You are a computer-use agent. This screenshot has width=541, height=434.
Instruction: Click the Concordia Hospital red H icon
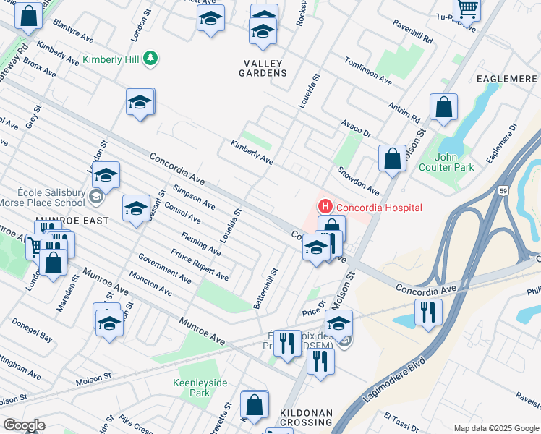pyautogui.click(x=324, y=208)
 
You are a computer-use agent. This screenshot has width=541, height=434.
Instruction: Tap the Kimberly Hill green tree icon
pyautogui.click(x=150, y=59)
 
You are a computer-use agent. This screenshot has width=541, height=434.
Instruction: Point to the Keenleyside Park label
pyautogui.click(x=190, y=388)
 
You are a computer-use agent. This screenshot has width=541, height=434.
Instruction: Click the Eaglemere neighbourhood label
pyautogui.click(x=506, y=78)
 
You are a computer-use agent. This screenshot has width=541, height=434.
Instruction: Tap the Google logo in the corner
pyautogui.click(x=23, y=425)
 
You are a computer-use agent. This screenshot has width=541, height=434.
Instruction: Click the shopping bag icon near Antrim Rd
pyautogui.click(x=443, y=108)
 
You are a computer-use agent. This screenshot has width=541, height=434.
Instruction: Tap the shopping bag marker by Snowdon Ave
pyautogui.click(x=392, y=159)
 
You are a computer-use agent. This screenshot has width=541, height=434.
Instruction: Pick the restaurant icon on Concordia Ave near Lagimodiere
pyautogui.click(x=428, y=312)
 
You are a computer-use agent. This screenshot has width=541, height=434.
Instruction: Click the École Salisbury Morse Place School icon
pyautogui.click(x=95, y=197)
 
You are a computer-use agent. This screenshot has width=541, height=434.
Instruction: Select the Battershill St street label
pyautogui.click(x=266, y=288)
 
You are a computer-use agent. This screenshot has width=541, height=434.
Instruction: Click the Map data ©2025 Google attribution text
pyautogui.click(x=496, y=428)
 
